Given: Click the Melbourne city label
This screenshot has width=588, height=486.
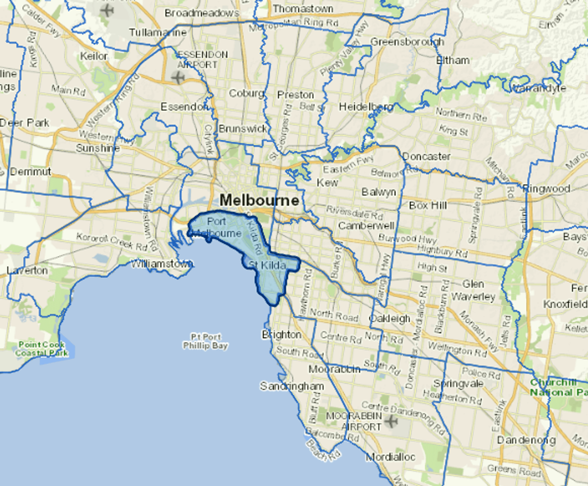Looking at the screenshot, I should (x=259, y=200).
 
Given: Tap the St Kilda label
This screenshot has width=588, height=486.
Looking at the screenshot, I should (x=267, y=265).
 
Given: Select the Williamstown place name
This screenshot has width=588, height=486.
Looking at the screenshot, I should (x=161, y=264).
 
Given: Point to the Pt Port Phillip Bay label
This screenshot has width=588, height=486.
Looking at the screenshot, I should (x=205, y=341).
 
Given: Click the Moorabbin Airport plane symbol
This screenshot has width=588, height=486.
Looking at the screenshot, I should (x=391, y=421).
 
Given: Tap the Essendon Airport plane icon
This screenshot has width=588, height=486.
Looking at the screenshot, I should (x=178, y=77).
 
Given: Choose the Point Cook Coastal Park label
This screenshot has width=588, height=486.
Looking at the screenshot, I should (x=42, y=349).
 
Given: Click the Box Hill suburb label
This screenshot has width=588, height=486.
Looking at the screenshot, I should (x=428, y=205).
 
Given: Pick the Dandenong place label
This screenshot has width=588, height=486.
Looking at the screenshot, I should (x=526, y=440).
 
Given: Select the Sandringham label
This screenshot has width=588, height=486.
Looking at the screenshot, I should (x=292, y=386).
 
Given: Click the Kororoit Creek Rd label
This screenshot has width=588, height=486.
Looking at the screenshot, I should (x=112, y=241).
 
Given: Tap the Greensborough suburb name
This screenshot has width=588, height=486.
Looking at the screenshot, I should (x=407, y=42).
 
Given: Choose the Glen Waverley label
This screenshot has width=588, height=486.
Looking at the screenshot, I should (x=473, y=290).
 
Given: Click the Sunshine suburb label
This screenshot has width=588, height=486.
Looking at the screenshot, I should (x=98, y=148).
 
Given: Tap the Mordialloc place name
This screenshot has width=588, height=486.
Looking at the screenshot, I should (x=390, y=457).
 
